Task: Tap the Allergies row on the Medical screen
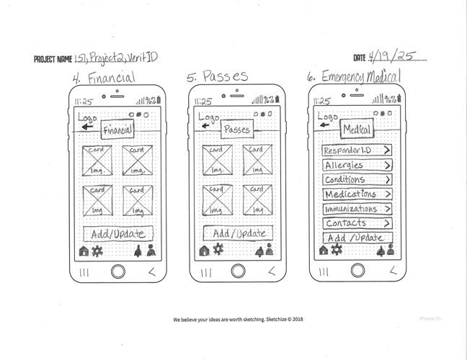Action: pos(357,165)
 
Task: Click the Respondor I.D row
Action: pos(357,150)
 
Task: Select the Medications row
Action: pos(357,194)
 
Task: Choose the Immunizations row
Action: pos(357,209)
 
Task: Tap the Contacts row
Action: pos(357,223)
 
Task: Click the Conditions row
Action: pos(357,179)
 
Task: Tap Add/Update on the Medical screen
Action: pos(357,238)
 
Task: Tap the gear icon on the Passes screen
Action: pos(217,250)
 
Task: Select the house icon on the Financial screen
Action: pos(84,251)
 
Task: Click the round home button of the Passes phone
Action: pos(237,271)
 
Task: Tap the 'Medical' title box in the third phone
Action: pos(357,129)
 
